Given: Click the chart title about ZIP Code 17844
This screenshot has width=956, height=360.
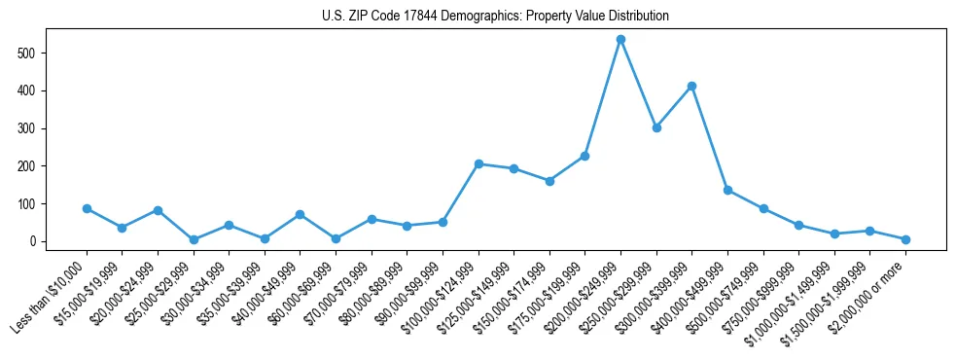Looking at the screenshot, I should (495, 16).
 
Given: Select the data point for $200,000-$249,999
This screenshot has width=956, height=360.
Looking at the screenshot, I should (620, 40).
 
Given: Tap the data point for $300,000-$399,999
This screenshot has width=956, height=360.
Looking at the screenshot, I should (691, 87).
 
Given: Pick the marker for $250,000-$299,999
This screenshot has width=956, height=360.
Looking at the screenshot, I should (656, 127).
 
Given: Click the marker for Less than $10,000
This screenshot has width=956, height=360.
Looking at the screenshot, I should (87, 208).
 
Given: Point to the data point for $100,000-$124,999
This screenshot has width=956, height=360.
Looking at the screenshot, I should (478, 163).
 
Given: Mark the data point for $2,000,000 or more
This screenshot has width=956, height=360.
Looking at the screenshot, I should (905, 239).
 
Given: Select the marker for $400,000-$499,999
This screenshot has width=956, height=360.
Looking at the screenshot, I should (727, 191).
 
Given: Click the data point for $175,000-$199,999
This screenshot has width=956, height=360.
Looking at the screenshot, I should (584, 156).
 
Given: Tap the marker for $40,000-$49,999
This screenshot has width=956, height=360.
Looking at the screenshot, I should (301, 214).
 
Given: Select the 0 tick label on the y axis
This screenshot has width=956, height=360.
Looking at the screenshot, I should (38, 241).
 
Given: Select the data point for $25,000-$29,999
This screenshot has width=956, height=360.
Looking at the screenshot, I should (194, 239).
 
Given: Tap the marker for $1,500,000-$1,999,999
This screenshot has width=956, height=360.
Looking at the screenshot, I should (869, 231).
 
